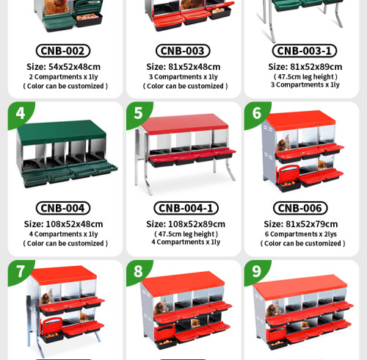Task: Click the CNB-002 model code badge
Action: tap(63, 51)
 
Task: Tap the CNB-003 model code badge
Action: tap(183, 51)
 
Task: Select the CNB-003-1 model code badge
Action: tap(305, 51)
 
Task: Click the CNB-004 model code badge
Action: tap(63, 208)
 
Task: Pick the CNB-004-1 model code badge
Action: tap(186, 208)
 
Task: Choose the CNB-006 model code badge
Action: tap(300, 208)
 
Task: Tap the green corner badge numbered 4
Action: tap(20, 113)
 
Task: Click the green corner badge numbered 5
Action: tap(138, 113)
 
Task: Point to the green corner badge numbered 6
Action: tap(256, 113)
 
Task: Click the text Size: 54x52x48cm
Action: tap(64, 67)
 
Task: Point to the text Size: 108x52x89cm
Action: tap(186, 224)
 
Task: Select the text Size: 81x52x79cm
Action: tap(301, 224)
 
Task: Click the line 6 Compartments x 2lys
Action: tap(301, 234)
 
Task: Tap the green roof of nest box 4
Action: tap(62, 132)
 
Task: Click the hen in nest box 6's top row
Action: tap(284, 143)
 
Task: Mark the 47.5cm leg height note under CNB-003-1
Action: tap(305, 77)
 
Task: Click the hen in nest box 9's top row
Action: tap(274, 309)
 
